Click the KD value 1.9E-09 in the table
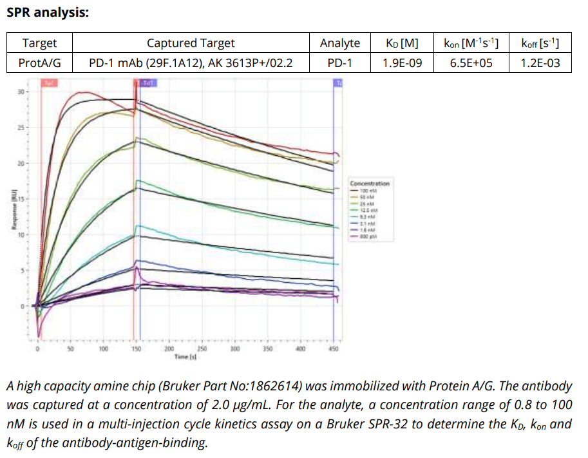tap(401, 63)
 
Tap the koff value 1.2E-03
tap(539, 63)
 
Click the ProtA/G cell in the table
tap(39, 63)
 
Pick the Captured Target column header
tap(191, 43)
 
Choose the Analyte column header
tap(339, 43)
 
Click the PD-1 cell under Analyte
tap(339, 63)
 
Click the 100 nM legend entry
tap(368, 191)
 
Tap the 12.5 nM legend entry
tap(368, 210)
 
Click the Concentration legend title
tap(369, 184)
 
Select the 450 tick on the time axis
tap(334, 348)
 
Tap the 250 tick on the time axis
tap(202, 348)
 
